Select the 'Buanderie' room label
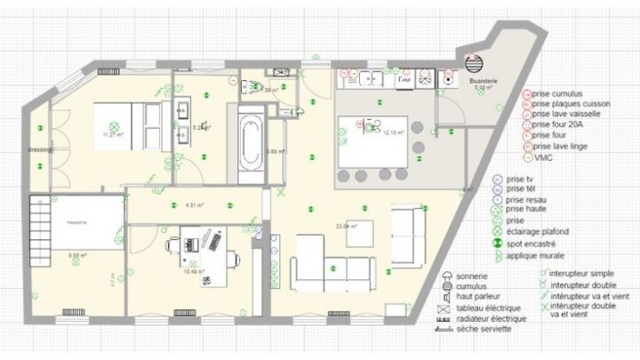484,82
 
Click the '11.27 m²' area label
113,134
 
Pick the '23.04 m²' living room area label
346,226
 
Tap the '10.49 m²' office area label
194,271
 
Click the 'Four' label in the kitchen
404,79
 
